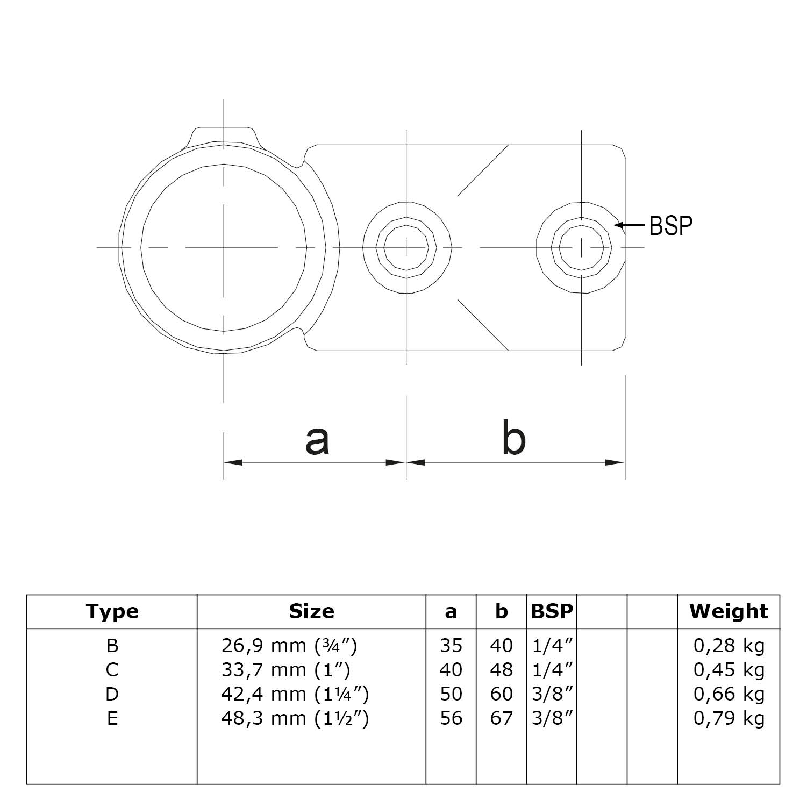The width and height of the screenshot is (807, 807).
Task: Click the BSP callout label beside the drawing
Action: [670, 225]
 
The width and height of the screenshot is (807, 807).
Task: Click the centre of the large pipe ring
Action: [224, 248]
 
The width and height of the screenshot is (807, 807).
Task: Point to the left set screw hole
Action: [406, 248]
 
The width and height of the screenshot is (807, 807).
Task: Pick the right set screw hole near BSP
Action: [581, 248]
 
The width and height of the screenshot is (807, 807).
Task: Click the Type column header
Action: [112, 611]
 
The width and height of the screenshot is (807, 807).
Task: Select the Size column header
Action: [311, 611]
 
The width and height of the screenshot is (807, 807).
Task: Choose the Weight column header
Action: [729, 611]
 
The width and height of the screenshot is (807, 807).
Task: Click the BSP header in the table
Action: [552, 611]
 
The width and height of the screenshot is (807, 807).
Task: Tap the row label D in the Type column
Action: [112, 694]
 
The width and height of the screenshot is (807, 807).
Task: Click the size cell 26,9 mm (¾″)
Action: [289, 645]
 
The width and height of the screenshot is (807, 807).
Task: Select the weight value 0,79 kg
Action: [729, 718]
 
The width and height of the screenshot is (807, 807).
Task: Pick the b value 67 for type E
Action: [501, 718]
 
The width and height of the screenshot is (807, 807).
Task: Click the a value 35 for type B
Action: [451, 645]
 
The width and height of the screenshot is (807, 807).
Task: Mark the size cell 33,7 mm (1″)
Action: [285, 670]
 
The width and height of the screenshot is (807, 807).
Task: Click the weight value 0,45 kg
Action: [729, 670]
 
